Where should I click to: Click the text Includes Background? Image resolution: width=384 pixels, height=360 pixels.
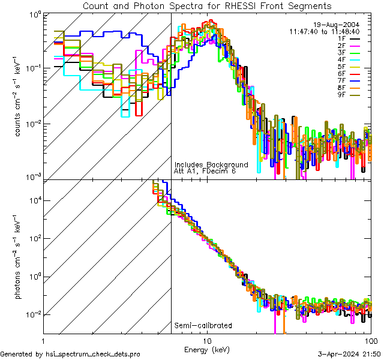point(211,164)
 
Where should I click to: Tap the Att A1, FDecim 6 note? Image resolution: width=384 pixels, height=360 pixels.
point(205,171)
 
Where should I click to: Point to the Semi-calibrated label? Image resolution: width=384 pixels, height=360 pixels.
point(203,326)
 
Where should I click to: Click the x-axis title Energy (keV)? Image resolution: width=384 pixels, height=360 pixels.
point(207,349)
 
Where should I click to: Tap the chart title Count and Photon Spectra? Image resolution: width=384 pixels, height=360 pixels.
point(207,6)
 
